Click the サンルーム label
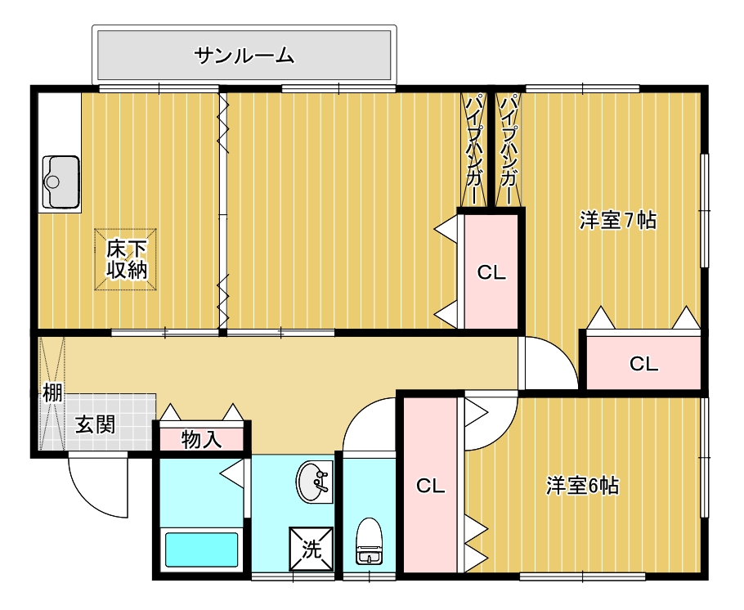click(244, 56)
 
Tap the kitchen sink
click(61, 182)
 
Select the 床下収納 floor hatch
click(125, 259)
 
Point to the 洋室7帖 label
click(618, 220)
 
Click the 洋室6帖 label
click(582, 486)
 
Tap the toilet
click(370, 540)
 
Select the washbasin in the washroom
click(314, 482)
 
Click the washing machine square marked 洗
click(311, 549)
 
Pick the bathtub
click(201, 549)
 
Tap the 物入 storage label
click(202, 440)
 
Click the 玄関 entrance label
click(96, 424)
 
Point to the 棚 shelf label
click(52, 392)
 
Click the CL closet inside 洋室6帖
click(430, 486)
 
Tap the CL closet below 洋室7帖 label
click(643, 363)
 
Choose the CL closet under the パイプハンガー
click(491, 272)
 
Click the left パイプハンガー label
click(473, 150)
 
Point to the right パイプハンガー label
click(509, 150)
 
